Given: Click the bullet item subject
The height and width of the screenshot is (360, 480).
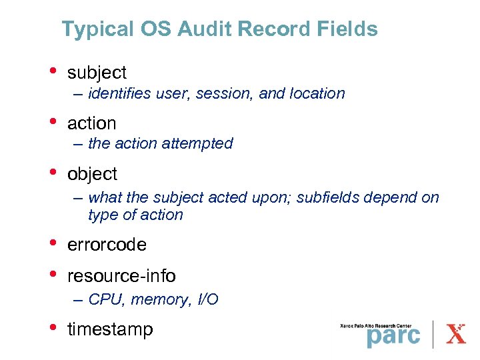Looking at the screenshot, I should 97,72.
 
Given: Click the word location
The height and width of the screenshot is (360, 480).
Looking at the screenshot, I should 317,94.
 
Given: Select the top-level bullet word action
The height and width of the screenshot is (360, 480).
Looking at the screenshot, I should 92,123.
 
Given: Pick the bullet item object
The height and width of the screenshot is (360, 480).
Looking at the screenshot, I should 92,175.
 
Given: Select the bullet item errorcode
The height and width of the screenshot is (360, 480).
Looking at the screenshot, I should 107,245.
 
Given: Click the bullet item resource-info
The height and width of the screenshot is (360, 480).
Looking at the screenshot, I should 121,275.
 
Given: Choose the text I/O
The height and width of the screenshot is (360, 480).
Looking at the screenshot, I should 208,300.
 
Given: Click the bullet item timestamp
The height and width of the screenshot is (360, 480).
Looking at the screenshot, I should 110,329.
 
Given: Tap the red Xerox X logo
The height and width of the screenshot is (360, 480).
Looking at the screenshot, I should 456,333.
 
